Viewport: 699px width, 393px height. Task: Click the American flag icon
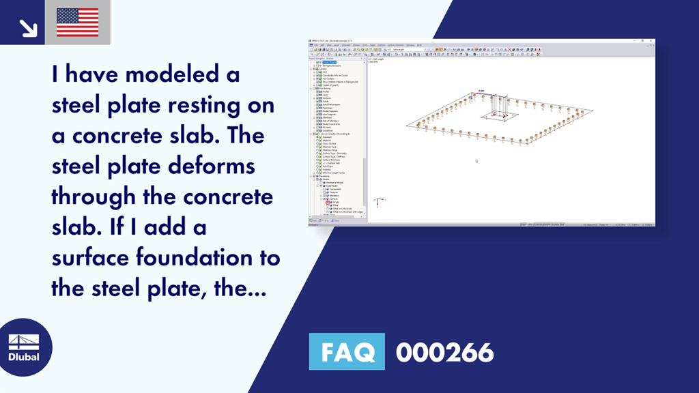[77, 23]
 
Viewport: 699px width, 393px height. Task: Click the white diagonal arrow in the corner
[28, 27]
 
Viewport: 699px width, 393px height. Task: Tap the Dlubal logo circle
[23, 347]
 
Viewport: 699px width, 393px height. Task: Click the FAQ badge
[347, 352]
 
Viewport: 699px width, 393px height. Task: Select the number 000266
[444, 352]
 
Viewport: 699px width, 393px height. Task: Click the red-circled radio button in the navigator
[328, 203]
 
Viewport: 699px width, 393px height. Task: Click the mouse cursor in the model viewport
[476, 161]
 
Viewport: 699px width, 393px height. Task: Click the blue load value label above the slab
[481, 91]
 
